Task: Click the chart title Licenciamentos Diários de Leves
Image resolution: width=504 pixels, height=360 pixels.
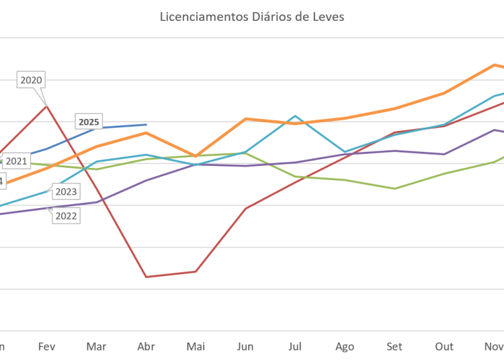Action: point(252,17)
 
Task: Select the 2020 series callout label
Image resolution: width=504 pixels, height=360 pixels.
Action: point(32,80)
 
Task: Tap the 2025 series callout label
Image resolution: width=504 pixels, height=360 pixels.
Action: point(89,122)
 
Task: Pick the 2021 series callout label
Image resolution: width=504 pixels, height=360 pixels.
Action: point(16,161)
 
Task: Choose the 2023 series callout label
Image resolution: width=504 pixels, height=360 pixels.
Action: point(65,192)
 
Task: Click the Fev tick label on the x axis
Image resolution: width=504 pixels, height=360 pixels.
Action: point(46,347)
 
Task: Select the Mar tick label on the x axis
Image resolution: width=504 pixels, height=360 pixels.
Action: point(97,347)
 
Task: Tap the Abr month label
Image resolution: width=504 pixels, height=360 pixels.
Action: point(146,347)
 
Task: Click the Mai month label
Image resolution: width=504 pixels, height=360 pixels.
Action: point(196,347)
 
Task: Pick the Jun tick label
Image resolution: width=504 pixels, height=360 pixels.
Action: point(245,347)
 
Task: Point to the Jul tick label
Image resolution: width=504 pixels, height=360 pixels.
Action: point(294,347)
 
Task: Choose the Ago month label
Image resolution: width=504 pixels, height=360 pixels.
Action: point(344,347)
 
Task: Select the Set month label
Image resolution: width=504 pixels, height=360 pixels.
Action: point(394,347)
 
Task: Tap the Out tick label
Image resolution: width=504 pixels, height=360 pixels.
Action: point(444,347)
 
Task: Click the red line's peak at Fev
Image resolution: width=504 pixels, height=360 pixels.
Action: point(46,105)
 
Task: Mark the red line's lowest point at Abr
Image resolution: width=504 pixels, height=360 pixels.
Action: point(146,276)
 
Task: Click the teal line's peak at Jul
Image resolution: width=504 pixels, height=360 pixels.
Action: point(294,116)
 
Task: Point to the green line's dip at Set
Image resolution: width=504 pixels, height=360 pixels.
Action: point(395,188)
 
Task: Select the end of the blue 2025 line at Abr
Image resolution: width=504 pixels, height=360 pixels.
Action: point(146,124)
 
